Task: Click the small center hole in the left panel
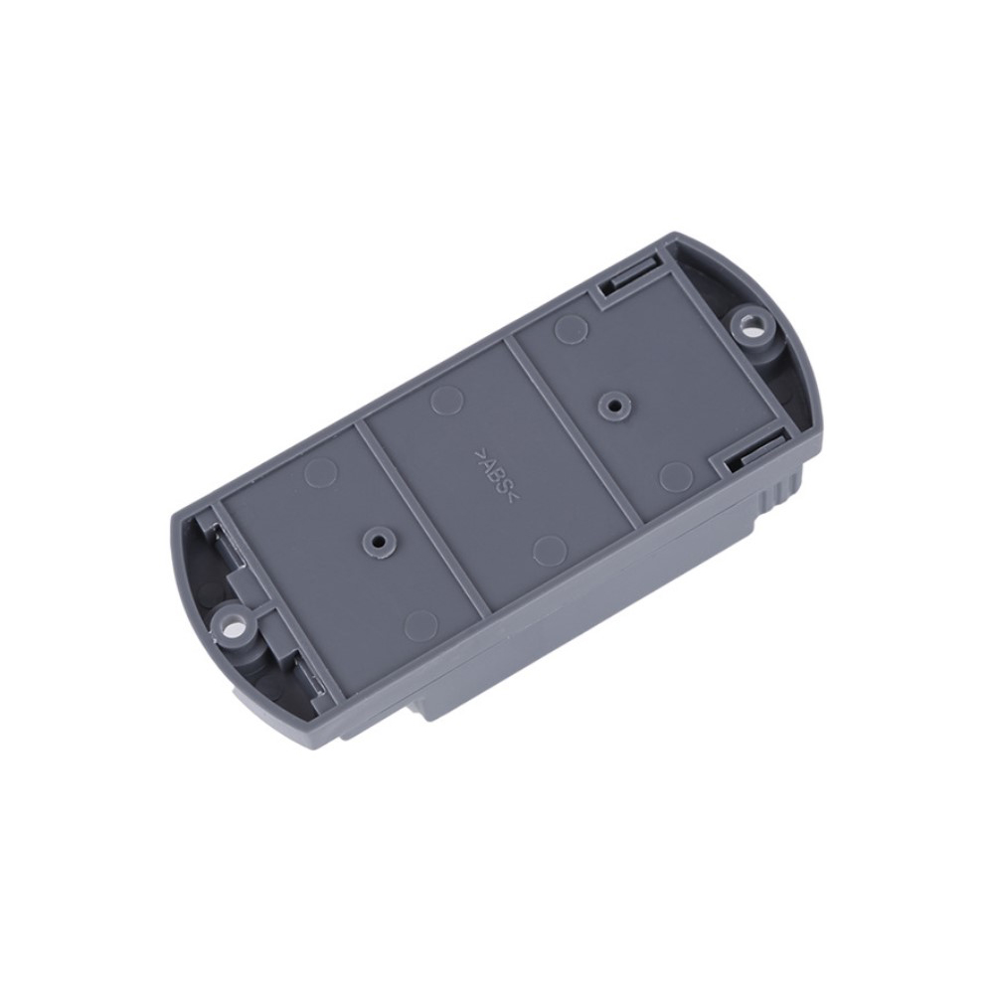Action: coord(379,541)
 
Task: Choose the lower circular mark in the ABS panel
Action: coord(550,550)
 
